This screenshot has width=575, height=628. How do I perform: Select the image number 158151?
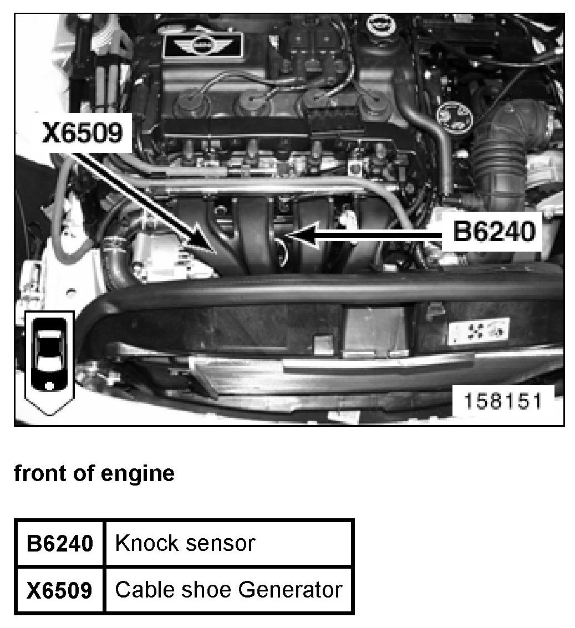click(x=502, y=401)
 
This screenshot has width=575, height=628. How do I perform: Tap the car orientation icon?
click(x=49, y=362)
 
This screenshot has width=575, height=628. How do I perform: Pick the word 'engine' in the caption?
click(x=138, y=474)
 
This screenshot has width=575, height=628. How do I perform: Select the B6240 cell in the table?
click(x=60, y=544)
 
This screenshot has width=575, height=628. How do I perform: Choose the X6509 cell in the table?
click(x=60, y=590)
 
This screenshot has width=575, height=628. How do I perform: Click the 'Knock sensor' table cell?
click(x=229, y=544)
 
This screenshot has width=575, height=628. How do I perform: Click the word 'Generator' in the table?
click(x=291, y=590)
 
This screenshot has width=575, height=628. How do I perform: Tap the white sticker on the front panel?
click(x=479, y=331)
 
